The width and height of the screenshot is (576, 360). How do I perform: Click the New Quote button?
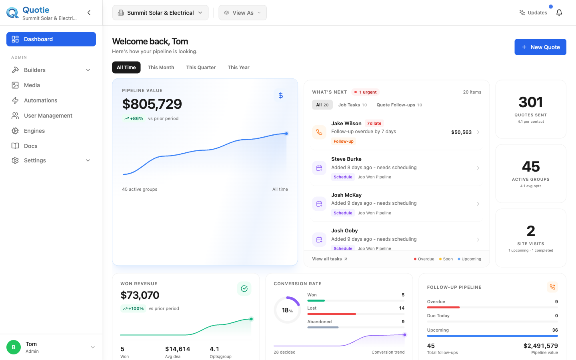click(x=540, y=47)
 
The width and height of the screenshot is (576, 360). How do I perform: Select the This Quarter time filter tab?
click(x=201, y=67)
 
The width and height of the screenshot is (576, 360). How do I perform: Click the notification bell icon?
click(x=559, y=13)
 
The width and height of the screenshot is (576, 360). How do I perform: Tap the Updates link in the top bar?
click(x=533, y=13)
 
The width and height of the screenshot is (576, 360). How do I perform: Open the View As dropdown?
click(x=242, y=13)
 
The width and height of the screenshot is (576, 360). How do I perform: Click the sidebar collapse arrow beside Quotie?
click(x=89, y=13)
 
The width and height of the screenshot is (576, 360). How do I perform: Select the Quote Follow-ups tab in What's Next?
click(x=399, y=105)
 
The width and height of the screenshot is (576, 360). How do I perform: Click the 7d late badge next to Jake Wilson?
click(x=374, y=124)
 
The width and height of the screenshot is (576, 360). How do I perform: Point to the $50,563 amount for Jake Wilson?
click(x=461, y=132)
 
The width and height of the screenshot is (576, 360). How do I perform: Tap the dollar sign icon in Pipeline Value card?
click(x=281, y=96)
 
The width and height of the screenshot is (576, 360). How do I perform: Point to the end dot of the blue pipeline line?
click(x=286, y=134)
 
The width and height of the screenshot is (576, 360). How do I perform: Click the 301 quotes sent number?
click(x=531, y=102)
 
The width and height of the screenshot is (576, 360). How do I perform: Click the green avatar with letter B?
click(x=14, y=347)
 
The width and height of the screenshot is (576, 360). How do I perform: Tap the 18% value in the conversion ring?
click(x=287, y=310)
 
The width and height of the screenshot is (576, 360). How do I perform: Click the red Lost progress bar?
click(x=332, y=314)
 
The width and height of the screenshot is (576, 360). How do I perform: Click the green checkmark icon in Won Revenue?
click(x=244, y=288)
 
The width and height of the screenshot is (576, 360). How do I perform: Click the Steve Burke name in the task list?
click(x=346, y=159)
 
